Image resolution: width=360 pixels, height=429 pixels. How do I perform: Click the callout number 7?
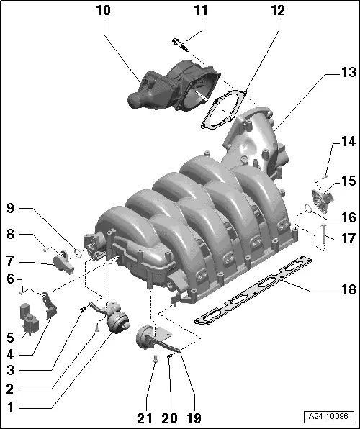(x=10, y=261)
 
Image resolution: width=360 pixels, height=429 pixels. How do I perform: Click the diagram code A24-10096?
(x=331, y=417)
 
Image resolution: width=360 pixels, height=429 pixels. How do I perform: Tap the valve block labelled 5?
(x=29, y=320)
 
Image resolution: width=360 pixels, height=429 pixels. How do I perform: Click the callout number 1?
(x=10, y=407)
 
